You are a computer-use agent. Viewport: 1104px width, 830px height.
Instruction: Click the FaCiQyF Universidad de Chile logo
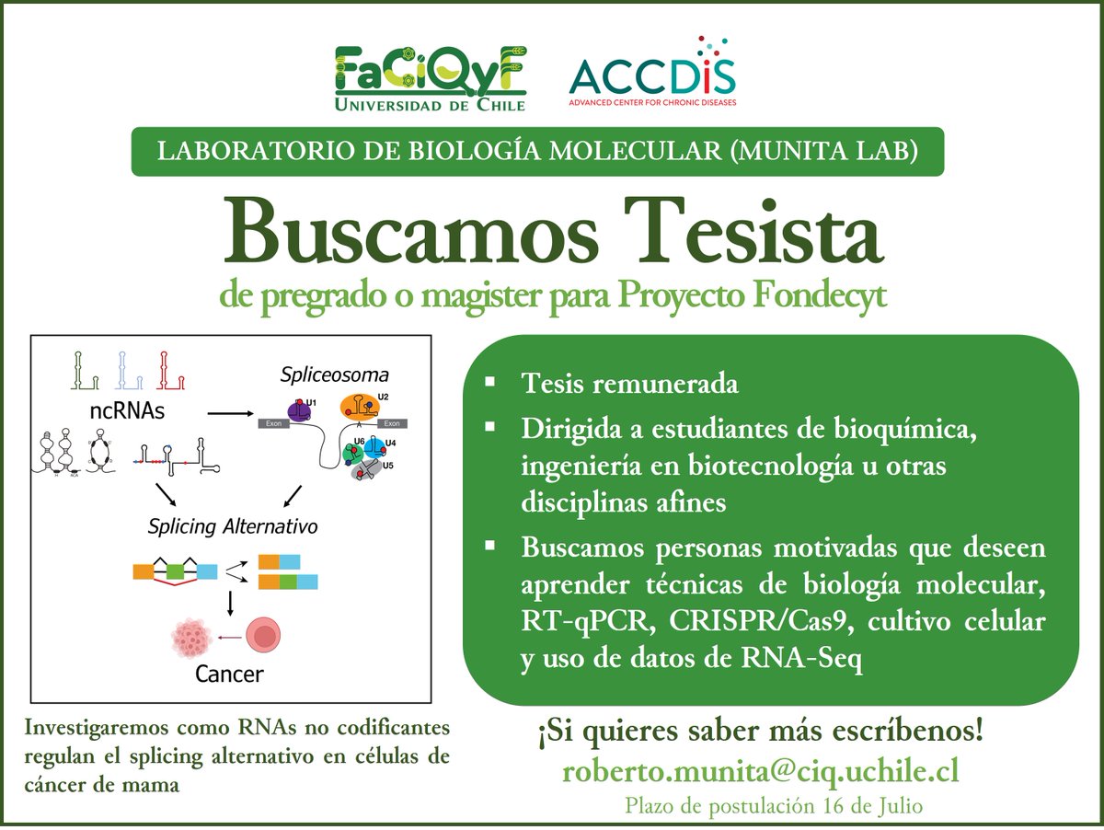431,78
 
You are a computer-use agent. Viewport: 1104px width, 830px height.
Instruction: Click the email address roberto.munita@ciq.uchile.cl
760,770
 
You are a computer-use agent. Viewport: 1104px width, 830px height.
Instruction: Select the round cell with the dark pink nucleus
262,636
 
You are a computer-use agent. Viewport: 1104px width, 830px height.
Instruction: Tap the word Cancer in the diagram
229,674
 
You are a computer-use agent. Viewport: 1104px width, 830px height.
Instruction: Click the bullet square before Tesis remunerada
494,380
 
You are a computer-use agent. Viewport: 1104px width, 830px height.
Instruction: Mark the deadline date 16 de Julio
874,806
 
